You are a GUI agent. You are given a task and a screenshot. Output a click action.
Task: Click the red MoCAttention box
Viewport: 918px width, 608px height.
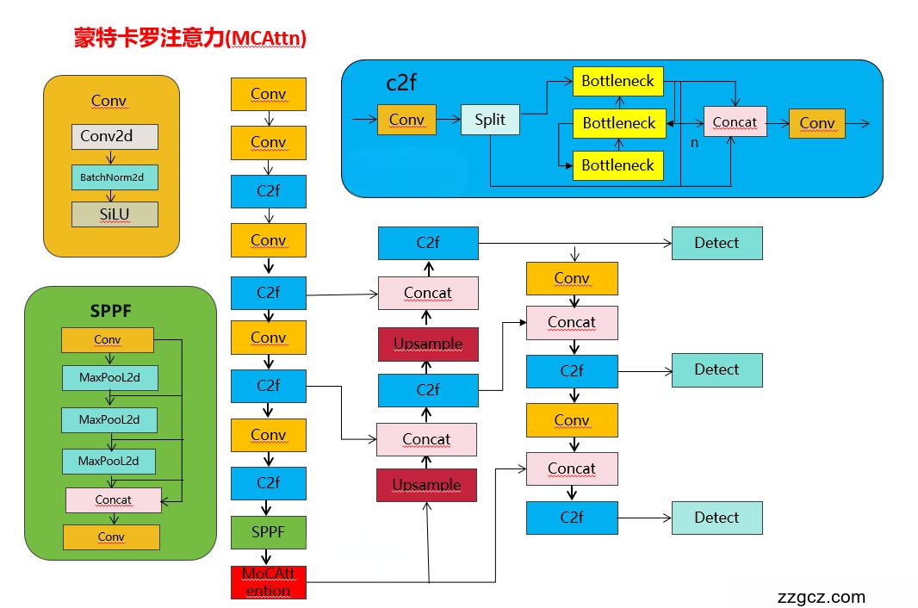[x=268, y=582]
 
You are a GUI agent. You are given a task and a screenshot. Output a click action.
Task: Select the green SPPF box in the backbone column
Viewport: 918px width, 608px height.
[x=268, y=532]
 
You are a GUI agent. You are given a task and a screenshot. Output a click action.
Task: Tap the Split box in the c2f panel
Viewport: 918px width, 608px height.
[x=490, y=120]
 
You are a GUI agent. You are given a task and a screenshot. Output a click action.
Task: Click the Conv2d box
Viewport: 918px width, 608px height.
[x=115, y=136]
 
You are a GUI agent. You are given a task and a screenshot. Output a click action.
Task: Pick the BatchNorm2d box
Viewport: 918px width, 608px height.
[x=115, y=177]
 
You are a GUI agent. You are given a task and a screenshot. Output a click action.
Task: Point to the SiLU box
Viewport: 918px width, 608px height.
[x=115, y=214]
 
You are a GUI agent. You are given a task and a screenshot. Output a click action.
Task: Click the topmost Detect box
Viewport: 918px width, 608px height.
[x=716, y=243]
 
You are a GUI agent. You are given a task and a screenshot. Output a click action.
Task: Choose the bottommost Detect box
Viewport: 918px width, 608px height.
[x=716, y=518]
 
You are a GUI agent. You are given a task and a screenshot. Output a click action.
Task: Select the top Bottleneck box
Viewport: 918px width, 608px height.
[x=617, y=82]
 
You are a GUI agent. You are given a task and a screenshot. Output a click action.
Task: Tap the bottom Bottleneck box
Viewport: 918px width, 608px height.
[x=617, y=165]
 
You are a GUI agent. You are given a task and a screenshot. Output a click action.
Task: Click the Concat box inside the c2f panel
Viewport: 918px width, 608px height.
[x=735, y=122]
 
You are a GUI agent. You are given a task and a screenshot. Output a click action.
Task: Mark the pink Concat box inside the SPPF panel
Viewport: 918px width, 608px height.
[x=113, y=499]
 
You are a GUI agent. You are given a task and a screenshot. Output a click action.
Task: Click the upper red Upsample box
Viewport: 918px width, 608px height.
[x=428, y=344]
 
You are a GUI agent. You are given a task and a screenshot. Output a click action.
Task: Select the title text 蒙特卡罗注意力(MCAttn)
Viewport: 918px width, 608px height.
[x=190, y=39]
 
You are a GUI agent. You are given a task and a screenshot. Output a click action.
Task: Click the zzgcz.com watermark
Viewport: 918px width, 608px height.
[x=821, y=597]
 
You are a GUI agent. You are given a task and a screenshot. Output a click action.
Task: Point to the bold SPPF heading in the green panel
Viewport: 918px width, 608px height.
[x=111, y=310]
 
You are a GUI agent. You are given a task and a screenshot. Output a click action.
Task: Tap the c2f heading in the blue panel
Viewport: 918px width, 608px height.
[x=401, y=83]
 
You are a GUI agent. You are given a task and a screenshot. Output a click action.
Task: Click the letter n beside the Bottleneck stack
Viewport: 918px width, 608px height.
[x=694, y=142]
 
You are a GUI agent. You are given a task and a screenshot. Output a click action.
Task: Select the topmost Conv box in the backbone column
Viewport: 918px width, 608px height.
[x=268, y=94]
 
